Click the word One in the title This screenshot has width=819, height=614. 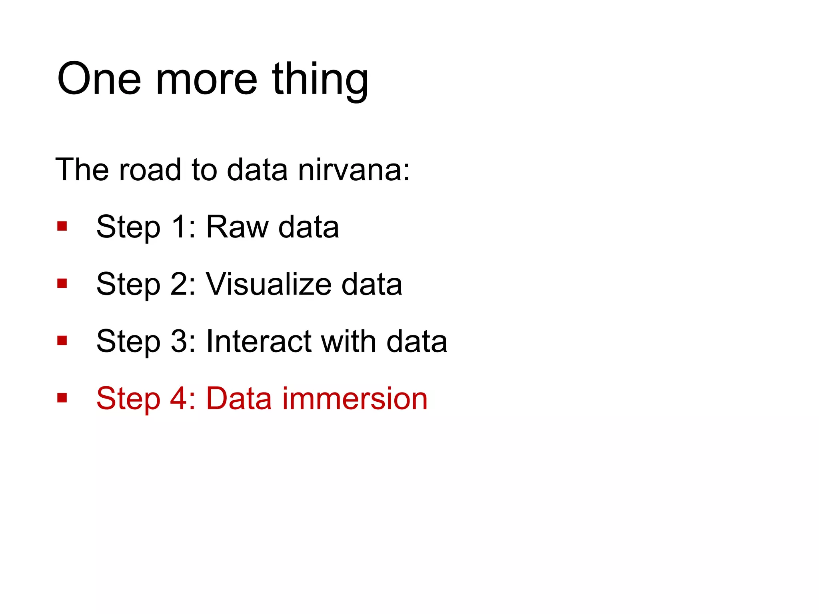click(99, 79)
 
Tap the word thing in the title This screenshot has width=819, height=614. click(320, 80)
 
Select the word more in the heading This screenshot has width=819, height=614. click(206, 80)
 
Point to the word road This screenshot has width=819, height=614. click(150, 169)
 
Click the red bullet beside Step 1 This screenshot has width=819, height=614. click(62, 227)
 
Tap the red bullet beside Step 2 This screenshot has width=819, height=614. click(62, 284)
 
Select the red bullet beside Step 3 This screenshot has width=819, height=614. click(62, 341)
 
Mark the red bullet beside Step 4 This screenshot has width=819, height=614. click(62, 398)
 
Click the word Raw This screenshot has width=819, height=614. click(237, 227)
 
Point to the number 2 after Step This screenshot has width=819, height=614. click(179, 284)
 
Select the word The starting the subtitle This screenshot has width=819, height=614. click(82, 169)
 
